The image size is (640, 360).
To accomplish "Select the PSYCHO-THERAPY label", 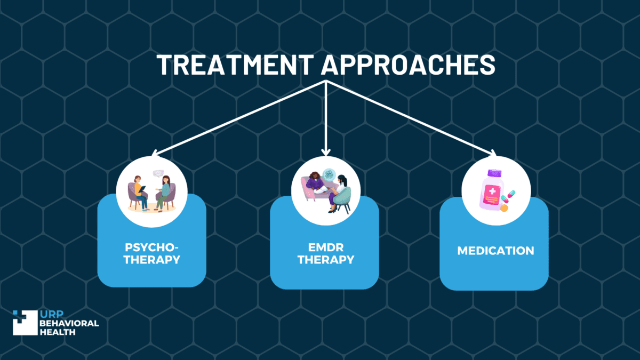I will (151, 254).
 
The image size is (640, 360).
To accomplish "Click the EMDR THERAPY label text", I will (325, 254).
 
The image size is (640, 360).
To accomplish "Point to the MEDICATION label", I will (495, 250).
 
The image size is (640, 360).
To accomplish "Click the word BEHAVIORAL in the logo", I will (69, 323).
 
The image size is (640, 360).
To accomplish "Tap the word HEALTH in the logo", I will (58, 332).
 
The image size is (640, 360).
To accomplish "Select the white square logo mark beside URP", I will (25, 323).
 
